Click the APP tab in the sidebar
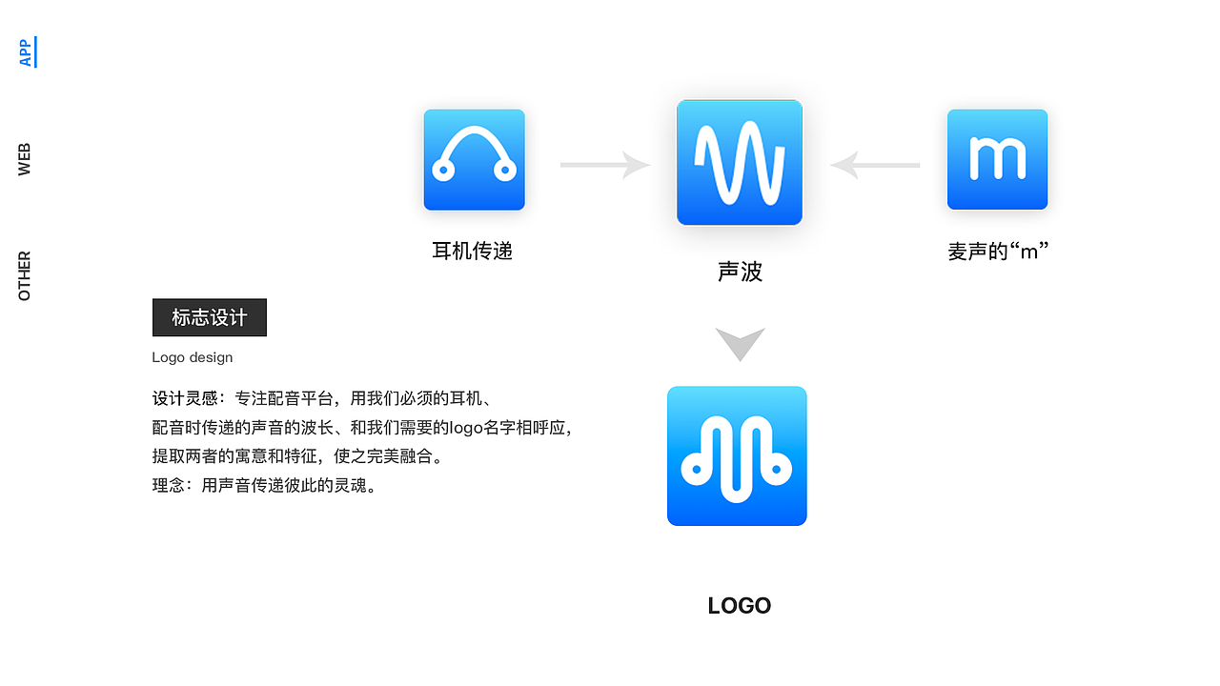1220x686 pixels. [x=26, y=52]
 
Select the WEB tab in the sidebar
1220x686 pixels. [x=25, y=159]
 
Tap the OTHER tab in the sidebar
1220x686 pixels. [x=25, y=276]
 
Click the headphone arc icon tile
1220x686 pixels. [x=474, y=159]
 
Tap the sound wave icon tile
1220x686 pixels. [x=740, y=163]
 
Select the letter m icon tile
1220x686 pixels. [x=997, y=159]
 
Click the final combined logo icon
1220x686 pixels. [x=737, y=455]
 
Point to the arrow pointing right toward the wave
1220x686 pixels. [x=604, y=165]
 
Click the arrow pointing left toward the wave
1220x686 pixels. [x=875, y=165]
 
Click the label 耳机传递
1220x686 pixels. [x=473, y=252]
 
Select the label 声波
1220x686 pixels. [x=740, y=272]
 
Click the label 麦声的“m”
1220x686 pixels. [x=998, y=252]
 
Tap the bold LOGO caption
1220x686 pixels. [x=740, y=606]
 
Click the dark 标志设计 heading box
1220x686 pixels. [x=210, y=317]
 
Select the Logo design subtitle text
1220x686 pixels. [x=193, y=357]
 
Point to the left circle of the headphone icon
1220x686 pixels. [x=442, y=171]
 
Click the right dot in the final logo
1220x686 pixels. [x=778, y=470]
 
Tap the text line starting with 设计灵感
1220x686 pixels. [x=321, y=398]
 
